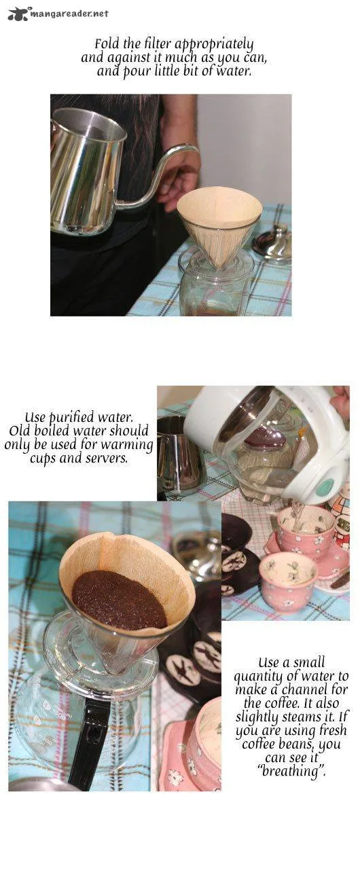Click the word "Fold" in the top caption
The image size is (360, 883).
click(x=105, y=43)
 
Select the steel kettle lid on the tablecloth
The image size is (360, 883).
click(x=272, y=241)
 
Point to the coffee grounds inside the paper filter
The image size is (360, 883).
click(x=118, y=599)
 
